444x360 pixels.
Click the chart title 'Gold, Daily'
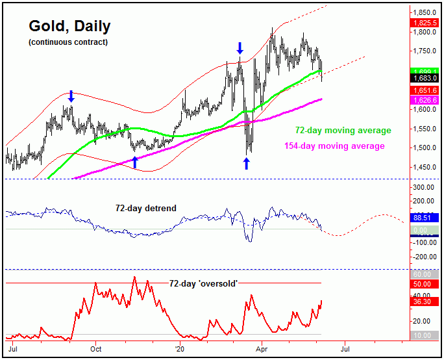click(69, 27)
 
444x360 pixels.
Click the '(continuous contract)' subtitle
click(68, 42)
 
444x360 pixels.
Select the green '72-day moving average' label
click(343, 131)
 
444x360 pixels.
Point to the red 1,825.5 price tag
click(425, 23)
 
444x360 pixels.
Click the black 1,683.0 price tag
click(425, 78)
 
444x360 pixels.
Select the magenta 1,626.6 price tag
click(425, 99)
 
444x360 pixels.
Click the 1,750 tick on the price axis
click(425, 51)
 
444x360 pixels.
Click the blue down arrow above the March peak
click(240, 48)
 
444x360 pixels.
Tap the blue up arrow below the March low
click(247, 163)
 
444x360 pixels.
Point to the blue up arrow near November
click(135, 162)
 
